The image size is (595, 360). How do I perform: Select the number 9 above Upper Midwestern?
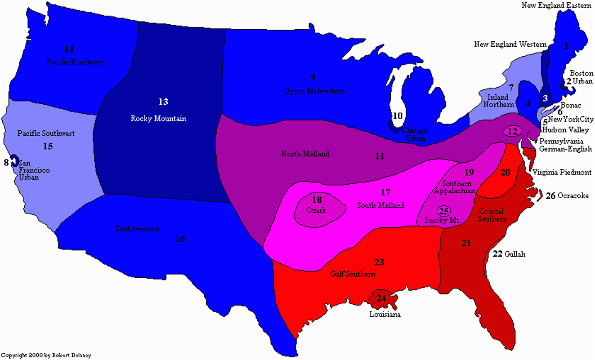click(x=313, y=77)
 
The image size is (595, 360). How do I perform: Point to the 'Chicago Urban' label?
click(x=415, y=133)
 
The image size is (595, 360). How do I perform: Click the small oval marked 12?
click(x=513, y=131)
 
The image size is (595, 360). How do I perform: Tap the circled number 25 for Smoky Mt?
click(x=444, y=211)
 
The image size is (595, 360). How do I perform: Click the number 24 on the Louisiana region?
click(x=381, y=298)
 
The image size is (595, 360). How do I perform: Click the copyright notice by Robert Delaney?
click(x=46, y=356)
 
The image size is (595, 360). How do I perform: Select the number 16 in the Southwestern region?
click(x=180, y=239)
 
